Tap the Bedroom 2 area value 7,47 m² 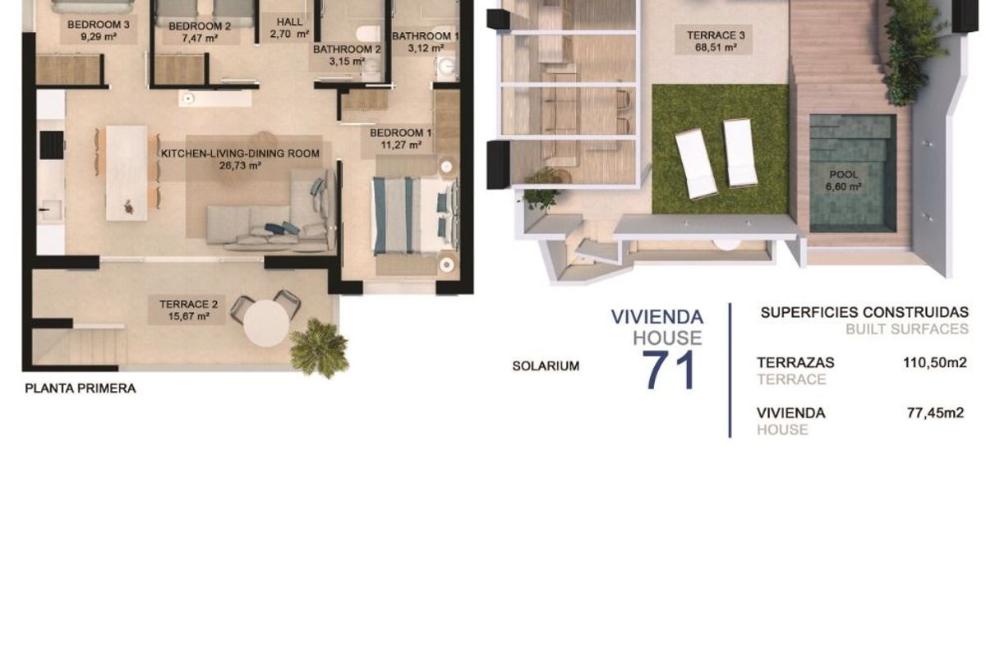(x=193, y=38)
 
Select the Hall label (x=289, y=22)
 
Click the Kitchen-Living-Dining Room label (x=240, y=154)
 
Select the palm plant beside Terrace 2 (x=319, y=348)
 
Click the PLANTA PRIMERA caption (x=81, y=389)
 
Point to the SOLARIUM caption (x=546, y=366)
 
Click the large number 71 (x=669, y=370)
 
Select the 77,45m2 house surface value (x=935, y=413)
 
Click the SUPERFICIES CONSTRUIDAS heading (x=864, y=312)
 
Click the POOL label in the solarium (x=843, y=175)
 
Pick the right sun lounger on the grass (x=740, y=153)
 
